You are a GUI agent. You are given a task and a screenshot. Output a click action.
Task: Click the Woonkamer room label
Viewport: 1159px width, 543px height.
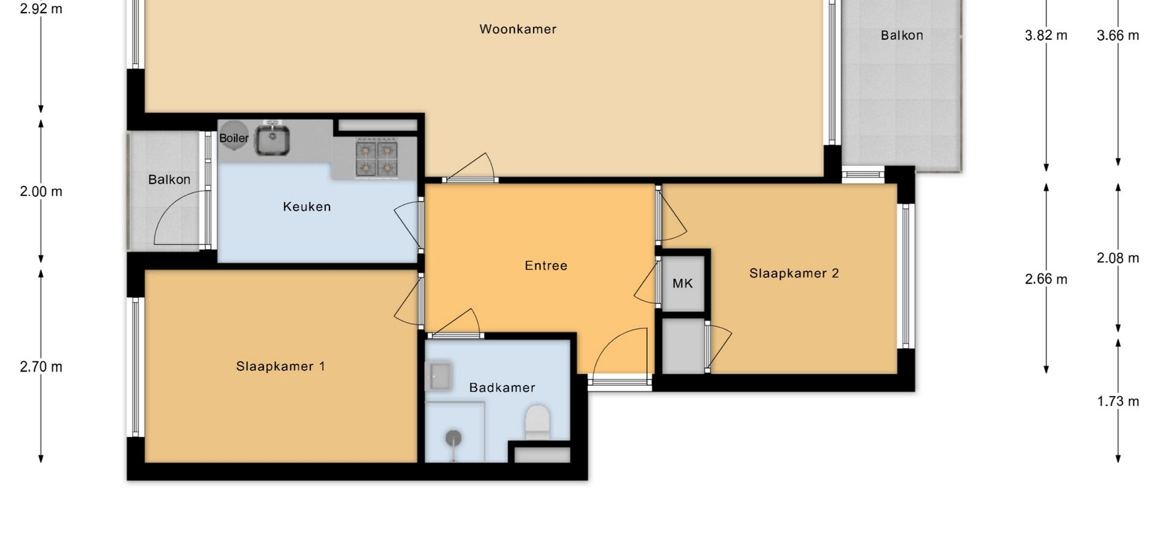(x=518, y=29)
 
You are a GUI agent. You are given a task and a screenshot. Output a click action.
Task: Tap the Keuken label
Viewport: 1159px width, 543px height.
(x=307, y=206)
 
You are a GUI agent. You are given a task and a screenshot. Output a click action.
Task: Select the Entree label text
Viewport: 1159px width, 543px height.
(x=546, y=265)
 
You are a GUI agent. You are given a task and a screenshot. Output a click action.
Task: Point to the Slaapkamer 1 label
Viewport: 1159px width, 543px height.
(x=280, y=366)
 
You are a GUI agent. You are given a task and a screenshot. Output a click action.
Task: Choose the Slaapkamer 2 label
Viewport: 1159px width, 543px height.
(x=794, y=273)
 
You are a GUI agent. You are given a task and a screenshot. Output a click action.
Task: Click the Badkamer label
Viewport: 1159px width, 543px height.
(x=502, y=387)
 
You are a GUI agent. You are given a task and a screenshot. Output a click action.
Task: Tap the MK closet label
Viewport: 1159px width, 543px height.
(x=683, y=283)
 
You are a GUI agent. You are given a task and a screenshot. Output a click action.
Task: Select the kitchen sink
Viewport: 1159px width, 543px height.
(x=273, y=140)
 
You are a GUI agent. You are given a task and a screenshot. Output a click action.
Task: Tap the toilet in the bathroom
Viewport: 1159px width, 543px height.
(x=537, y=422)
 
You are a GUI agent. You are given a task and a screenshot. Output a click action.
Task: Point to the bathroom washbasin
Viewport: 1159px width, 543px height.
(x=438, y=376)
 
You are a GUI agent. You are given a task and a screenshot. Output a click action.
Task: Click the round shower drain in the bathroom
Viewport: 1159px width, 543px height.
(x=453, y=438)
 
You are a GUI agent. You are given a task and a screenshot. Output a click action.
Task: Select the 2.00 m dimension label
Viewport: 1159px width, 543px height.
(x=41, y=191)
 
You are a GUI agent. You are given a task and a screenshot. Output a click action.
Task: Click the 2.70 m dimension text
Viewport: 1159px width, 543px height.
(x=41, y=367)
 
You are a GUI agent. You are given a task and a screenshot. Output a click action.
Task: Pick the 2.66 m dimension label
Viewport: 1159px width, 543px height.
(x=1046, y=279)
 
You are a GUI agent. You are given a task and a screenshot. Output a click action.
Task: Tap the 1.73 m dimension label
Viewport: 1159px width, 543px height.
(x=1118, y=401)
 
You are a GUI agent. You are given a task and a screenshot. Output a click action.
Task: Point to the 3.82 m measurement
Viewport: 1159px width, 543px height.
(x=1046, y=36)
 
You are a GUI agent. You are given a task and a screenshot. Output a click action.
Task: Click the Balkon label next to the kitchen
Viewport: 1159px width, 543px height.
(x=169, y=179)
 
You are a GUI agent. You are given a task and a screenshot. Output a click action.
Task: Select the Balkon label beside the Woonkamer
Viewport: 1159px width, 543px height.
(x=902, y=35)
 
